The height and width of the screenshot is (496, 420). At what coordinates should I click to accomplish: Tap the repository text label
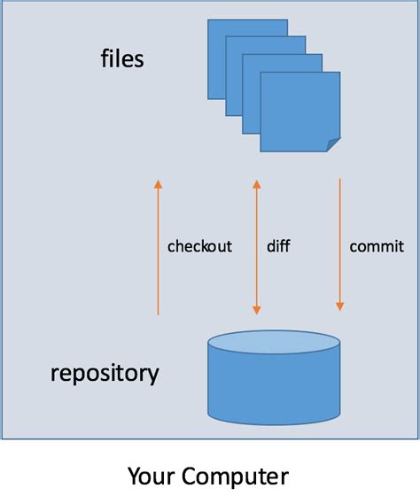(x=105, y=372)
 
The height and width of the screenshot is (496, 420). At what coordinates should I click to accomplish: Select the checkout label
(x=199, y=246)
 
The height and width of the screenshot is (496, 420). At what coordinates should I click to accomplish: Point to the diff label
(x=278, y=246)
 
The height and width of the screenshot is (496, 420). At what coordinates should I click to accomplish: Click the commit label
(x=377, y=246)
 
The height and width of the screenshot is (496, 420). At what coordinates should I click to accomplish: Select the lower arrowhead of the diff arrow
(x=257, y=310)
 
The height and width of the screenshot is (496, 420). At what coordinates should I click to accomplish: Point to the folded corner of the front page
(x=332, y=143)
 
